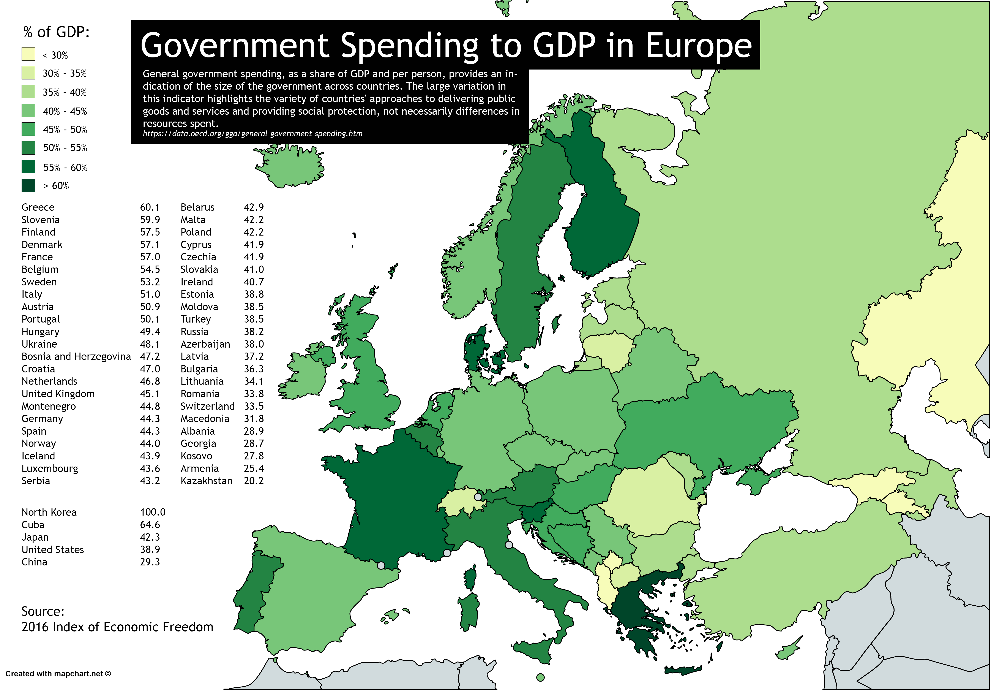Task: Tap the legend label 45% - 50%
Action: [65, 130]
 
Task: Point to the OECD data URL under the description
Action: [252, 134]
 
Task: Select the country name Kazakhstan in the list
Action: [206, 481]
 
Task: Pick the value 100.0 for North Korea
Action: [152, 512]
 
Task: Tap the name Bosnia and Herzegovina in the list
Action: [76, 357]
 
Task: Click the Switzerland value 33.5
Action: [253, 406]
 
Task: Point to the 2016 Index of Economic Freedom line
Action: [117, 627]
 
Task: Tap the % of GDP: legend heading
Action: [56, 32]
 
